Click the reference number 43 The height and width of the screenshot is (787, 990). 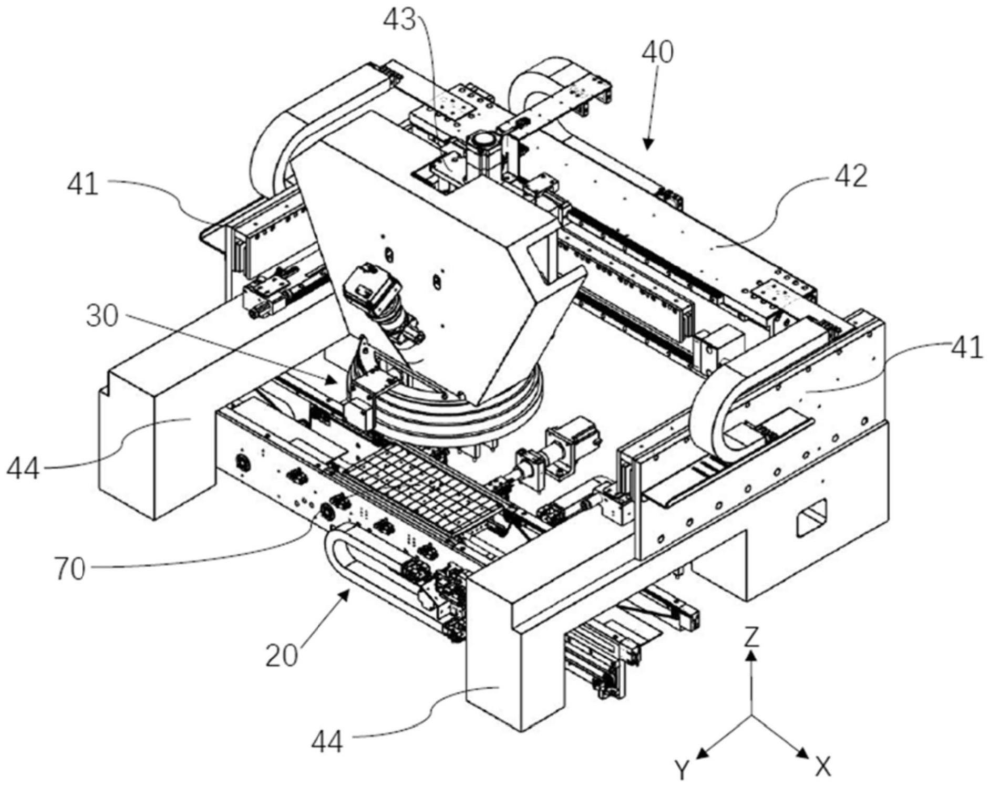tap(398, 22)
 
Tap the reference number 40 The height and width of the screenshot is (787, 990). tap(657, 53)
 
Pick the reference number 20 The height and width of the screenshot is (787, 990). tap(282, 655)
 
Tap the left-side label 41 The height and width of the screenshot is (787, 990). tap(82, 184)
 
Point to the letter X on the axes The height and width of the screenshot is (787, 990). tap(823, 768)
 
